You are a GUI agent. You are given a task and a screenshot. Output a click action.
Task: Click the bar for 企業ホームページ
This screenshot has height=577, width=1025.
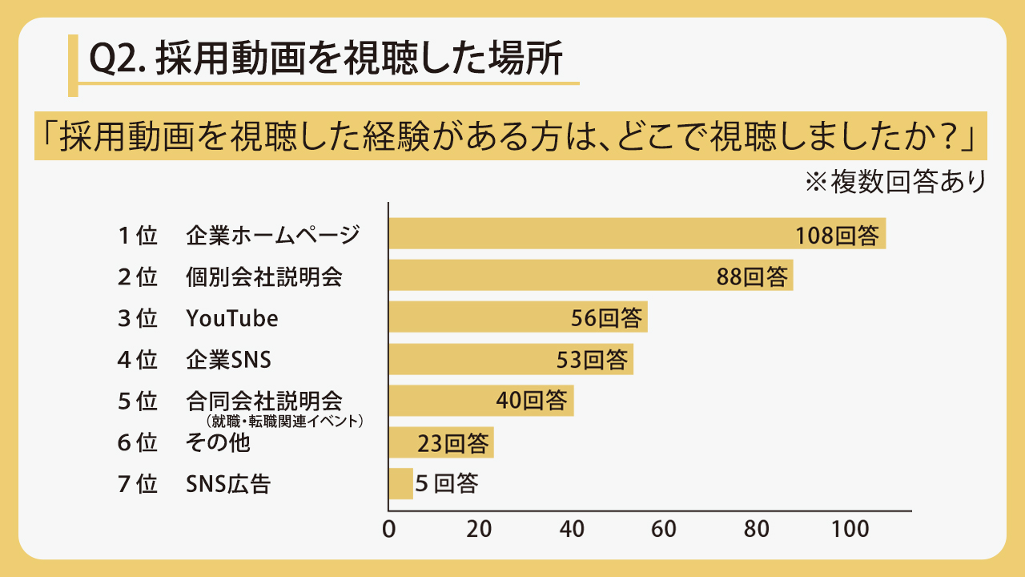coord(637,233)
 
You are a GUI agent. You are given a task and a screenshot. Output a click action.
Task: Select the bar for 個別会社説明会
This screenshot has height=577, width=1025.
coord(591,275)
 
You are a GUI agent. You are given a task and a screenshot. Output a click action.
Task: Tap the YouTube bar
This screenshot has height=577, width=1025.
coord(518,317)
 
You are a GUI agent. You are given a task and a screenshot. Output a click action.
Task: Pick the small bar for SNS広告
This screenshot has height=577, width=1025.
coord(401,483)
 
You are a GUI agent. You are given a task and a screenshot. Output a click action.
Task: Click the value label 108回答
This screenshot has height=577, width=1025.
coord(838,236)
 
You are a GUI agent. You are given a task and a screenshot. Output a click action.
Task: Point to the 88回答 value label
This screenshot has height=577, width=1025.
coord(752,277)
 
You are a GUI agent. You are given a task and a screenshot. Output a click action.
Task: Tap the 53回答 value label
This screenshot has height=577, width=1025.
coord(592,360)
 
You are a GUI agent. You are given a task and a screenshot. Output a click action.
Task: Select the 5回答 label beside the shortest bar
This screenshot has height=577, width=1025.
coord(447,483)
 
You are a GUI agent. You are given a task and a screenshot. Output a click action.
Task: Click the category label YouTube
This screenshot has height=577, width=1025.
coord(232,318)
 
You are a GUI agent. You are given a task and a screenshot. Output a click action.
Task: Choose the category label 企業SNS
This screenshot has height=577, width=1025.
coord(228,360)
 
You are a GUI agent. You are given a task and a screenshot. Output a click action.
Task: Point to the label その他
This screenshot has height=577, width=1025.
coord(218,442)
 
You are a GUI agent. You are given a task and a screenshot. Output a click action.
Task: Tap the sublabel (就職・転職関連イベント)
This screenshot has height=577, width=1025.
coord(284,421)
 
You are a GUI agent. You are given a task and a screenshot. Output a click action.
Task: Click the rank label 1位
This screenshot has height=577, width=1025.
coord(137,236)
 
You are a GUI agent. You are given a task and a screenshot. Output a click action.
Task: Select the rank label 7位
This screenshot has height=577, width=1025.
coord(137,484)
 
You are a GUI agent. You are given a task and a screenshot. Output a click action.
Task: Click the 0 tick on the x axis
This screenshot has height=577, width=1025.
coord(389,530)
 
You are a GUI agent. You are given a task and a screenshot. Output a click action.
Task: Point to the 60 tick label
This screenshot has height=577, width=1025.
coord(664,530)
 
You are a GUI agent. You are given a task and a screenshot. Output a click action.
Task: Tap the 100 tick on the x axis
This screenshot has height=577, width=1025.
coord(850,530)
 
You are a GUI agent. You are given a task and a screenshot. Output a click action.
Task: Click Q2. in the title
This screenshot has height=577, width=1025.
coord(118,59)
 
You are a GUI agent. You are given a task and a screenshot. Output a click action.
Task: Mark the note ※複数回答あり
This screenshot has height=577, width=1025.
coord(895,182)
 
